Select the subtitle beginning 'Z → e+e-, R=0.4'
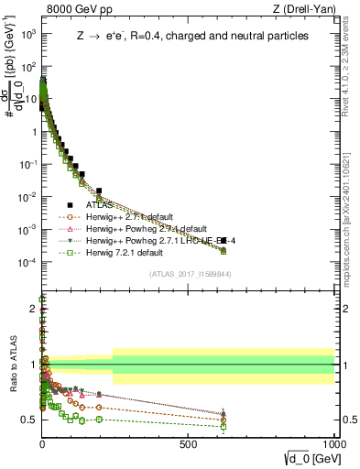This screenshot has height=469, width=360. (x=192, y=36)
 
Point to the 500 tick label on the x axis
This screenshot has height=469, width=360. (x=189, y=442)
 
